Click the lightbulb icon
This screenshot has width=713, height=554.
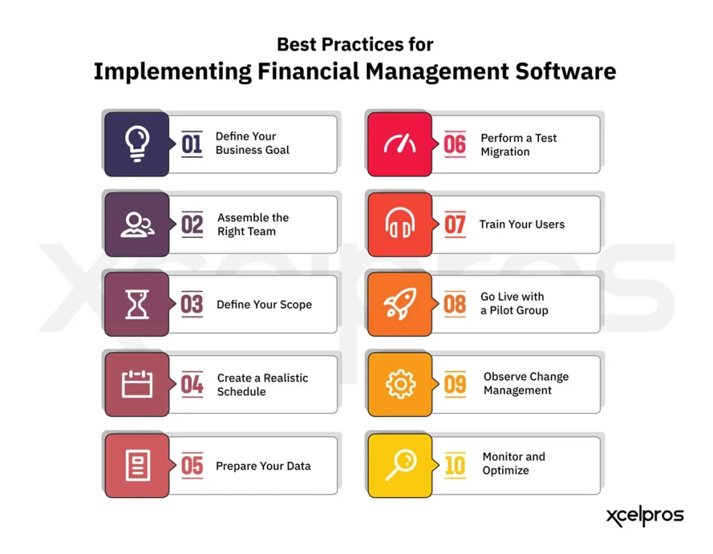pos(136,143)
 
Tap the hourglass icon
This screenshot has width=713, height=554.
pos(136,304)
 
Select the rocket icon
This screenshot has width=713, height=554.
pos(400,304)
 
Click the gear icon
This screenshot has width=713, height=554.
pos(400,384)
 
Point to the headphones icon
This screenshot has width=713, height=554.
pos(400,224)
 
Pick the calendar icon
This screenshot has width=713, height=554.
pos(136,384)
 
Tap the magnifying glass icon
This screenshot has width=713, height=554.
pos(400,465)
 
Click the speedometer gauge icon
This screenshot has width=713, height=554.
pos(400,144)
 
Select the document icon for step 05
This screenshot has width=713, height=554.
pos(137,465)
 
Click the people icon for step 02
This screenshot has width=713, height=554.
pos(137,224)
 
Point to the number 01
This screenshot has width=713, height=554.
pos(191,144)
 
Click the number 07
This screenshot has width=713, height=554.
pos(455,225)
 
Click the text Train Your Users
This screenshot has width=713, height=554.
pos(522,224)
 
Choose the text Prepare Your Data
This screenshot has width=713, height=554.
pos(263,466)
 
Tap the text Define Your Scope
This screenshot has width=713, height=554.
pos(264,304)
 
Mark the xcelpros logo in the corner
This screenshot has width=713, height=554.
pos(644,516)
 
